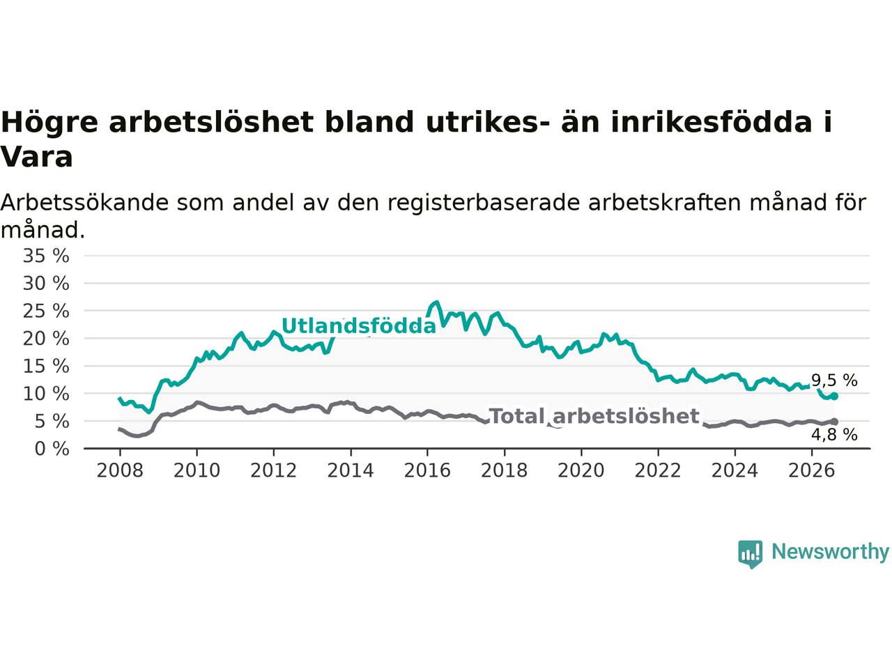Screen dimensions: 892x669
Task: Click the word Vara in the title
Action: [x=36, y=157]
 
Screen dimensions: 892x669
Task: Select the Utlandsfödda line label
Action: [x=358, y=325]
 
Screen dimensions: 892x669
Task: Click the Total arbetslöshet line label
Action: [x=594, y=416]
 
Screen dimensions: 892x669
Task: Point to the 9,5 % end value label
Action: [x=834, y=380]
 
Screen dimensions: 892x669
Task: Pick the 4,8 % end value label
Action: [x=834, y=435]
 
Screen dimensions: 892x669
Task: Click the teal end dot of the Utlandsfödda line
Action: [x=834, y=396]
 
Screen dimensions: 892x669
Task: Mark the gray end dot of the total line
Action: [x=834, y=422]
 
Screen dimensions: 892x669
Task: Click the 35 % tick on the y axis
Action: [x=46, y=256]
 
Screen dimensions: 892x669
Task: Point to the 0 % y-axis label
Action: [x=52, y=449]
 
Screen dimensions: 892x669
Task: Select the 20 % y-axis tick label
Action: [x=46, y=339]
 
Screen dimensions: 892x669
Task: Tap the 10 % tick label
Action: [x=46, y=394]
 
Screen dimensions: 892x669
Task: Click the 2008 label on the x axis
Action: [x=120, y=471]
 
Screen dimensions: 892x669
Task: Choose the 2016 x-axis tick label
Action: [x=427, y=471]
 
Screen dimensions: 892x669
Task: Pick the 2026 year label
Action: [x=812, y=471]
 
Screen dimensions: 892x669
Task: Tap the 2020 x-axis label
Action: [x=581, y=471]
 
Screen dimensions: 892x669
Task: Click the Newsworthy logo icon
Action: [x=750, y=554]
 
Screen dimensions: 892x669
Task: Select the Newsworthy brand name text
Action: [x=830, y=552]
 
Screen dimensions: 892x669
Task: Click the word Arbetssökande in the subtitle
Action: [x=84, y=202]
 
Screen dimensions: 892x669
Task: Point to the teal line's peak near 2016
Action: [x=437, y=302]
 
